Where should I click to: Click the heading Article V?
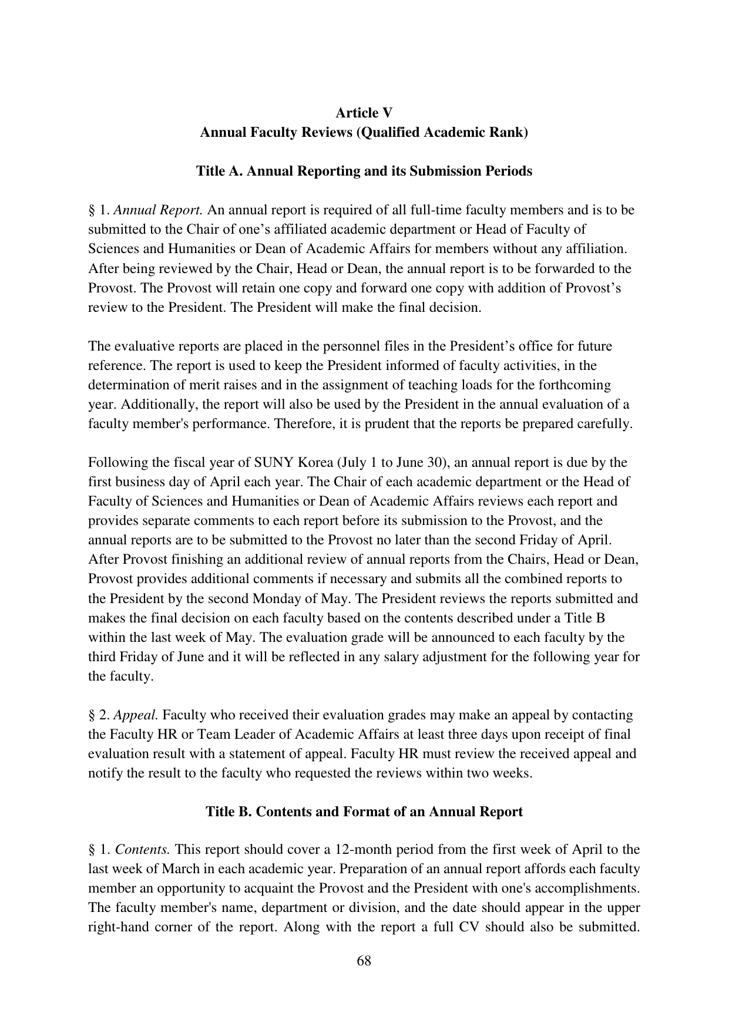tap(364, 113)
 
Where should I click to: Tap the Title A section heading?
tap(364, 171)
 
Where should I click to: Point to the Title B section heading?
tap(364, 812)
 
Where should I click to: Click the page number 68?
tap(364, 961)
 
